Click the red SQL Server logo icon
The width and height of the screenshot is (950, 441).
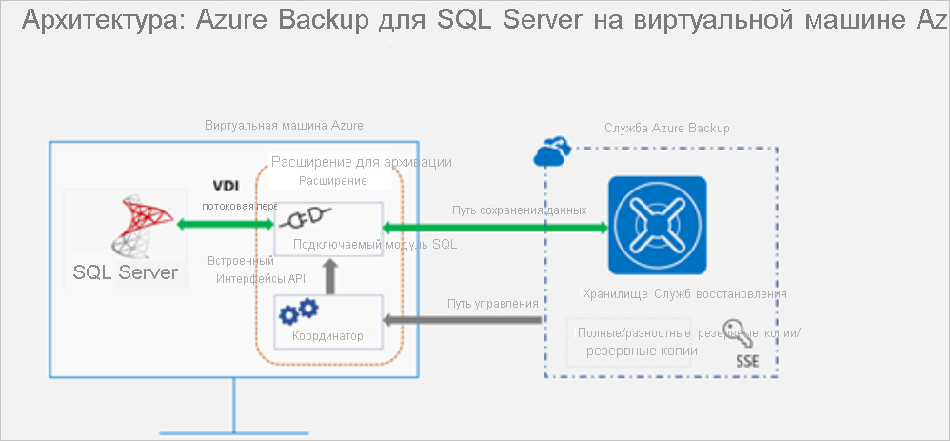[x=136, y=226]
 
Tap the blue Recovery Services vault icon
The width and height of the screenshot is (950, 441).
[x=658, y=226]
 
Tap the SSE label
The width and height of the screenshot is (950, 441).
[x=747, y=362]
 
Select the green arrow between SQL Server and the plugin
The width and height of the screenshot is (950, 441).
[x=226, y=225]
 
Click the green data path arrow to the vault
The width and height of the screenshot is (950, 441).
[x=494, y=227]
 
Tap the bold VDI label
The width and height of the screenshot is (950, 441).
[x=225, y=186]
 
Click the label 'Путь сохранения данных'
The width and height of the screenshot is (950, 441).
[x=518, y=210]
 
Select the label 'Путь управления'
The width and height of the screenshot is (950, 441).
[x=493, y=304]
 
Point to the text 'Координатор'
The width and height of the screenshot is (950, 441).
[x=327, y=336]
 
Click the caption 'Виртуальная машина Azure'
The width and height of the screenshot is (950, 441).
[x=284, y=126]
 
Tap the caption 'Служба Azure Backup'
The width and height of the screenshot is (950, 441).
[x=666, y=128]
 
